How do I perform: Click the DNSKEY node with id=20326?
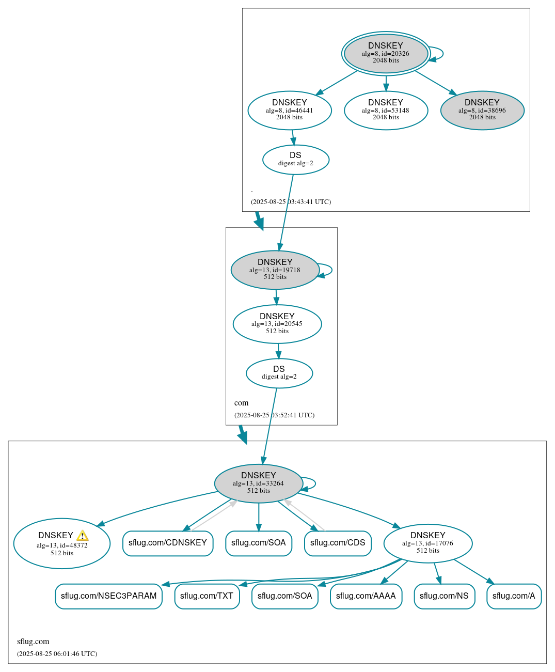pos(386,53)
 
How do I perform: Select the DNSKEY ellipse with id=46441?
pos(290,110)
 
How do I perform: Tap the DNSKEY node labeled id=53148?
pos(386,110)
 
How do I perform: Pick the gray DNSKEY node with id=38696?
pos(482,110)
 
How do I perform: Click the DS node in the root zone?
pos(295,159)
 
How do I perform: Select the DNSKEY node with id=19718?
pos(275,270)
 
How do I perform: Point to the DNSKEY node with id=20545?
pos(277,324)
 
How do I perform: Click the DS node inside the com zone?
pos(279,373)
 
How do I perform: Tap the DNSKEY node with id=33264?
pos(258,483)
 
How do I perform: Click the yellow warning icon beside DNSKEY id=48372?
pos(82,536)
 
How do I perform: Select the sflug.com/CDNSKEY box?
pos(168,543)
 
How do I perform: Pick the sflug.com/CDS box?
pos(338,543)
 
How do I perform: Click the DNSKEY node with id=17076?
pos(427,543)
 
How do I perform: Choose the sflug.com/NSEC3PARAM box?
pos(108,596)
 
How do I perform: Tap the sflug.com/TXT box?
pos(207,596)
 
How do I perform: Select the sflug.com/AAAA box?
pos(366,596)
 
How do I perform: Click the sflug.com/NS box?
pos(444,596)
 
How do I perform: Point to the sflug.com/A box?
pos(514,596)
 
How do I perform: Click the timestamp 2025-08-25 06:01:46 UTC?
pos(57,654)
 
